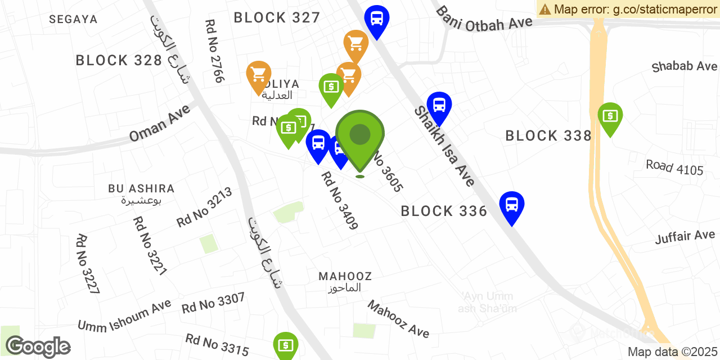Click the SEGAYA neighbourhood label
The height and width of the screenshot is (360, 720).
pyautogui.click(x=73, y=19)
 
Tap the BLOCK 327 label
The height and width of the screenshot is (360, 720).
pyautogui.click(x=277, y=17)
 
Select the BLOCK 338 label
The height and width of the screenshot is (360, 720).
pyautogui.click(x=548, y=136)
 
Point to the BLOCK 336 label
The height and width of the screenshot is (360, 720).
pyautogui.click(x=444, y=211)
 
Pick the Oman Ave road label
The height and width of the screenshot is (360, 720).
pyautogui.click(x=160, y=123)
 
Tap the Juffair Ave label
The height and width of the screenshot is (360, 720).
pyautogui.click(x=685, y=236)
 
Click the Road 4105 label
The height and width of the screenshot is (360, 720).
pyautogui.click(x=674, y=167)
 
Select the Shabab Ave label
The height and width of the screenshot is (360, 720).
pyautogui.click(x=684, y=66)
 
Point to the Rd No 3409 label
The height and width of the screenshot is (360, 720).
pyautogui.click(x=339, y=201)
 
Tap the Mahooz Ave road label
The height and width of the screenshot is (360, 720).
pyautogui.click(x=398, y=319)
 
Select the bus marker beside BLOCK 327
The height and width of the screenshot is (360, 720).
pyautogui.click(x=376, y=19)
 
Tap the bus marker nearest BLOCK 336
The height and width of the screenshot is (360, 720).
pyautogui.click(x=511, y=205)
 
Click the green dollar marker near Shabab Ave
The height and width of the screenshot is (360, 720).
pyautogui.click(x=610, y=116)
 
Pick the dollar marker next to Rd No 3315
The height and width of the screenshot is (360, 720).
pyautogui.click(x=286, y=344)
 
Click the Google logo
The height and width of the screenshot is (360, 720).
pyautogui.click(x=38, y=346)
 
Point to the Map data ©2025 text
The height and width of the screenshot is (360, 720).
pyautogui.click(x=672, y=352)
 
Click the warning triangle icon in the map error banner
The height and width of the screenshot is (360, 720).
pyautogui.click(x=544, y=9)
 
